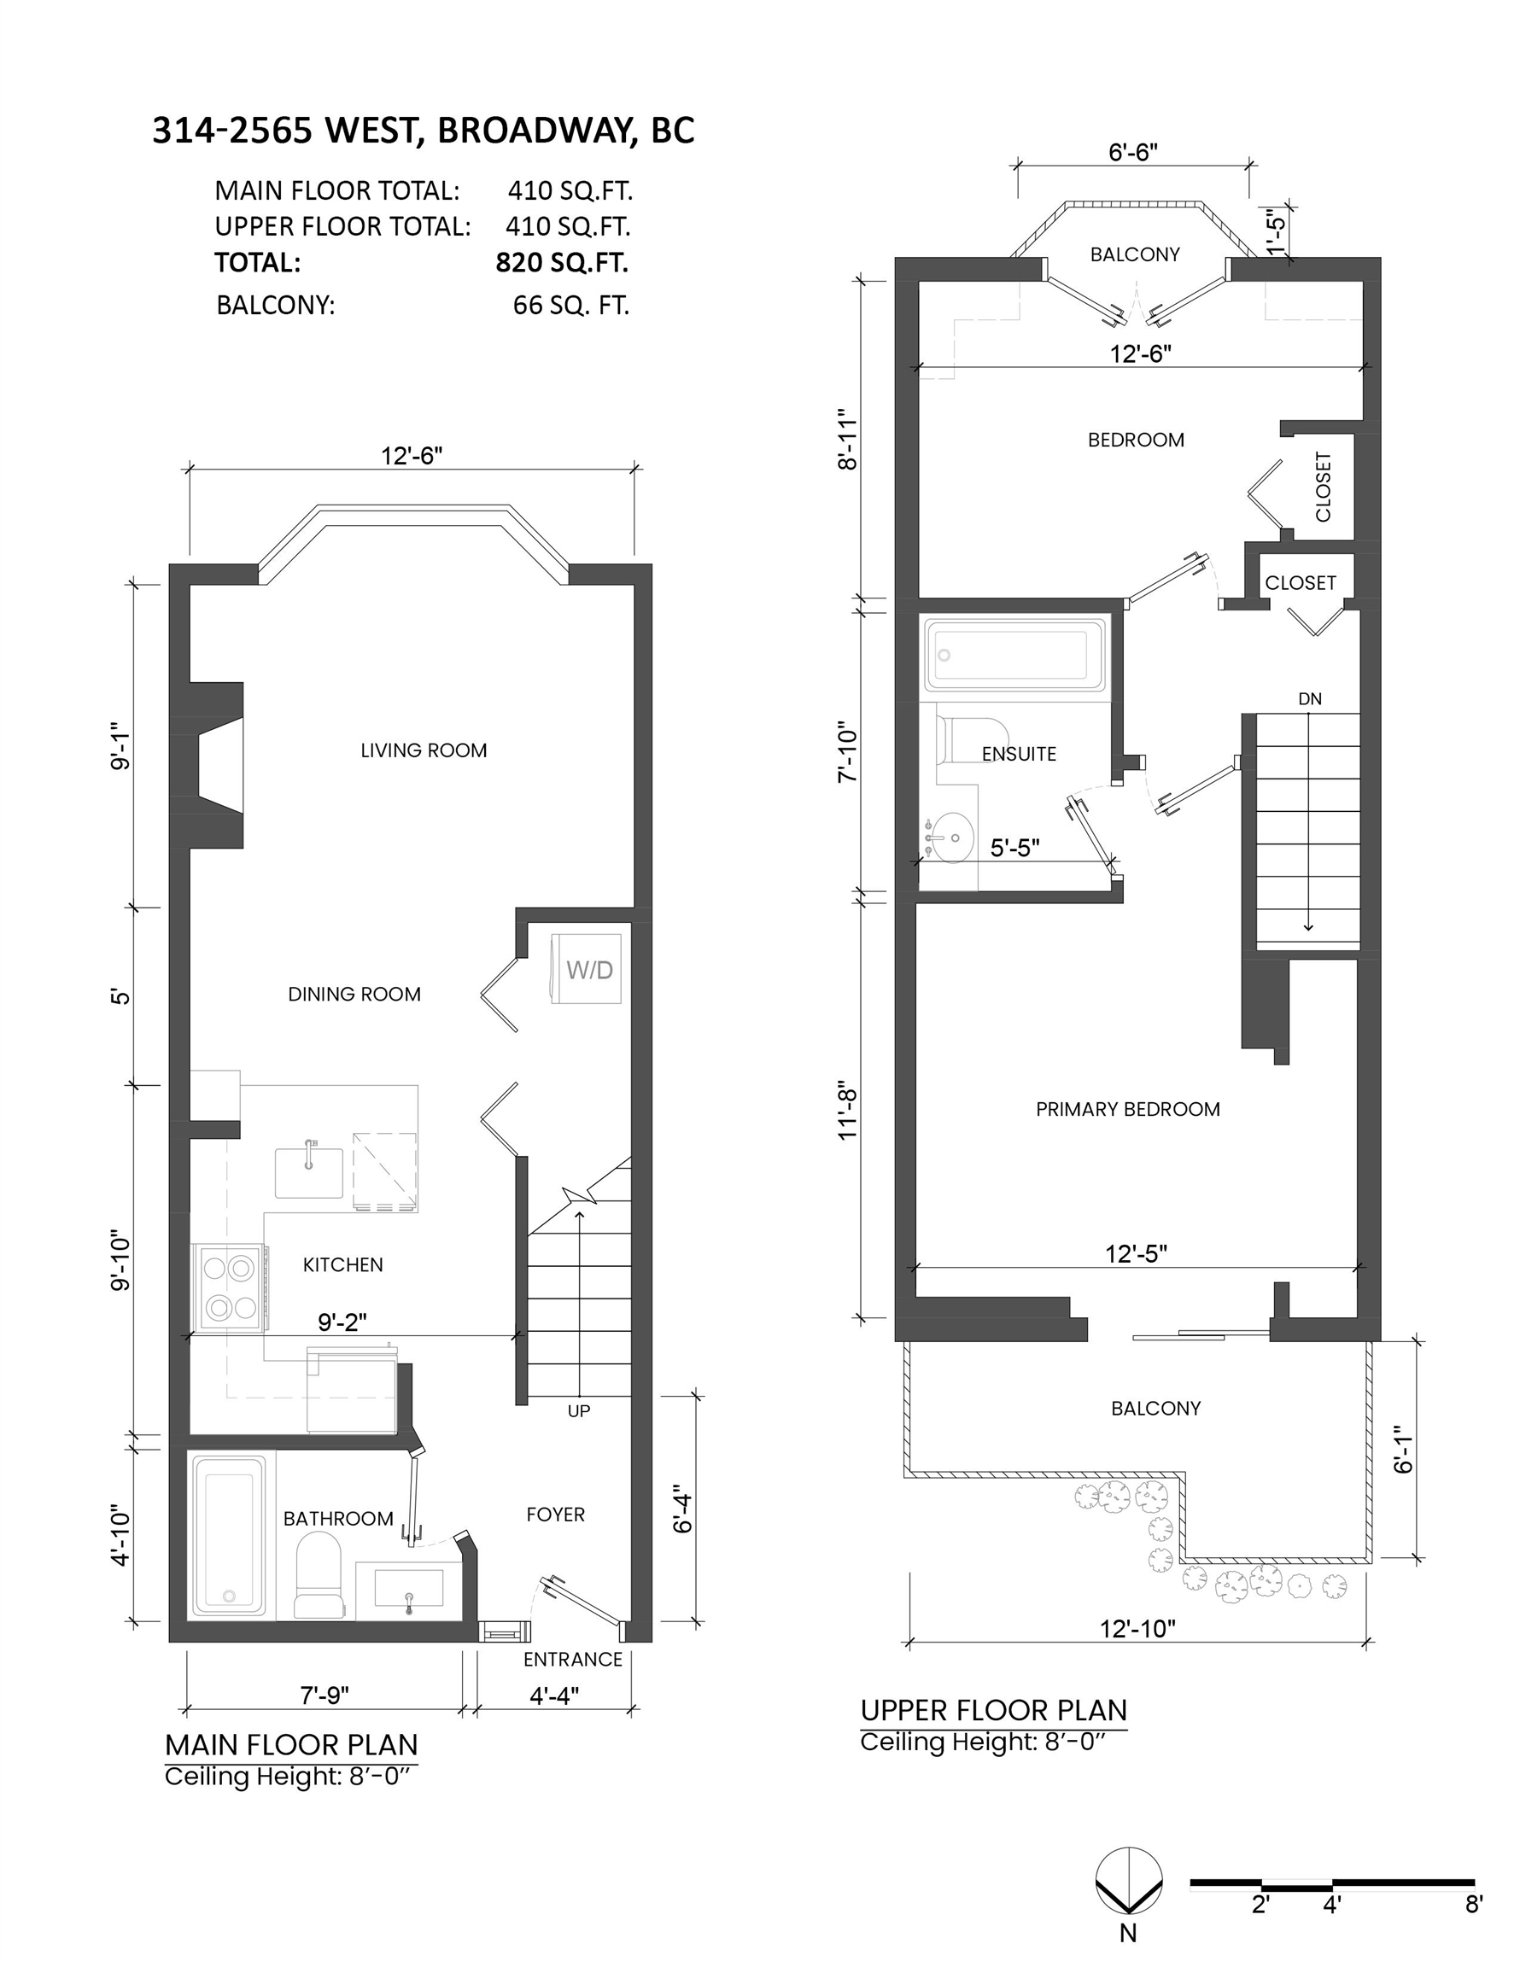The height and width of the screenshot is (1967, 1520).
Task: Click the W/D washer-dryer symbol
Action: [x=587, y=968]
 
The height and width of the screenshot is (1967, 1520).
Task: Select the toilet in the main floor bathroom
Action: [x=318, y=1574]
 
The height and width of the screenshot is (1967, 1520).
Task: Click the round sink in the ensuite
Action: [x=950, y=838]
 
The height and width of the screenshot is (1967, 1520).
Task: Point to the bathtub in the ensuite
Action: [x=1013, y=655]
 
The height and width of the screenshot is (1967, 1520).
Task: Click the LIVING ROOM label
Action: [x=424, y=750]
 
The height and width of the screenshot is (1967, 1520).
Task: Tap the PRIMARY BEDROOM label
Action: [x=1128, y=1109]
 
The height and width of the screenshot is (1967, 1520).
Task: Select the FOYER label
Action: [x=555, y=1514]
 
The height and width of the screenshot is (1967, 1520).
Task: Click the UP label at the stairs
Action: [x=578, y=1410]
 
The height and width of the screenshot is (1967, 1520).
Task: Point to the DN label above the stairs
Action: [x=1310, y=698]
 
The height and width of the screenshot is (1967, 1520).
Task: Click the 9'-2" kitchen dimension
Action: [x=342, y=1322]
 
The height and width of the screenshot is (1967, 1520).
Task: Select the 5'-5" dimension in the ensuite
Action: [x=1014, y=848]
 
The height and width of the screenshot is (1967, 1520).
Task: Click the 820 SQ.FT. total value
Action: [x=561, y=262]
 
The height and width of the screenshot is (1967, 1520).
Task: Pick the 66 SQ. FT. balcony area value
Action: [x=570, y=306]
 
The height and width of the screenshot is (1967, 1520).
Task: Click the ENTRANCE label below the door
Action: [x=573, y=1659]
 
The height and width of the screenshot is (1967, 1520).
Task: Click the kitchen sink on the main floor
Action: [x=309, y=1170]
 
